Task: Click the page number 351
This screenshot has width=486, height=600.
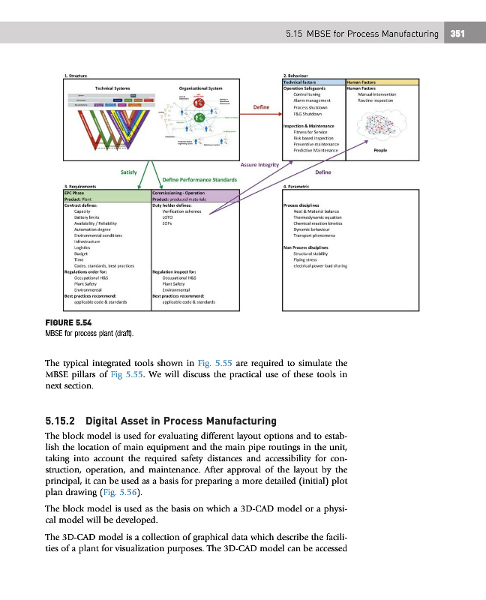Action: coord(457,33)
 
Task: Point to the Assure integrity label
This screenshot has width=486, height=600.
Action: coord(260,164)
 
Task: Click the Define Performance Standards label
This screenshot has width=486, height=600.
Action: coord(199,178)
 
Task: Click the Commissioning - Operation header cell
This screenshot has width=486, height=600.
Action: coord(183,193)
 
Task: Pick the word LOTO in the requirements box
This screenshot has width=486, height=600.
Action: coord(169,217)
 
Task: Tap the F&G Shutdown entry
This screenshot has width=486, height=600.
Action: coord(308,113)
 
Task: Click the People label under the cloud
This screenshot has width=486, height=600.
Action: coord(379,150)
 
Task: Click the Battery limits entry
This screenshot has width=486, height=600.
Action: coord(78,217)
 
